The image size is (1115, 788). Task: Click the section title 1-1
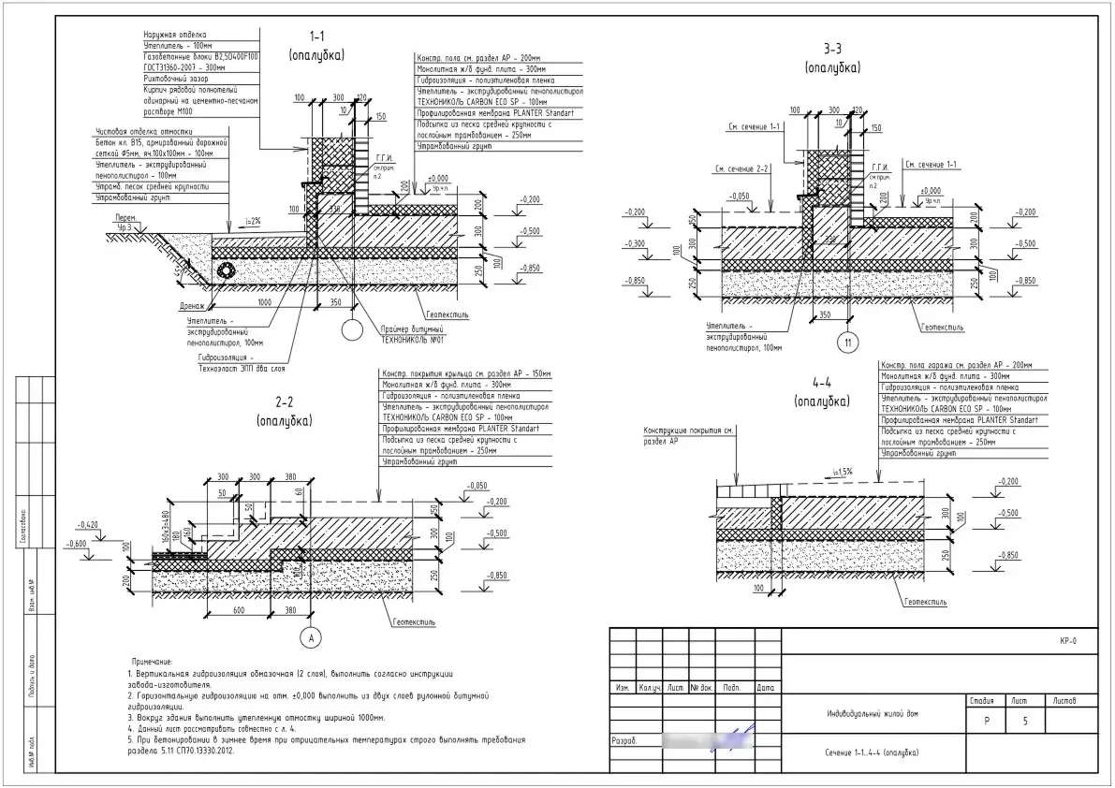point(316,36)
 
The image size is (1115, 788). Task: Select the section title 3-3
point(832,49)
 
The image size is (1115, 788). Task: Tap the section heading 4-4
point(822,382)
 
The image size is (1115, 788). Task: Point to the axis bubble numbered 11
point(848,344)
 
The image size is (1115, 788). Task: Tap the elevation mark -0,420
point(90,525)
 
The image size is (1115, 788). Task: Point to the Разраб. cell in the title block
point(625,739)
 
